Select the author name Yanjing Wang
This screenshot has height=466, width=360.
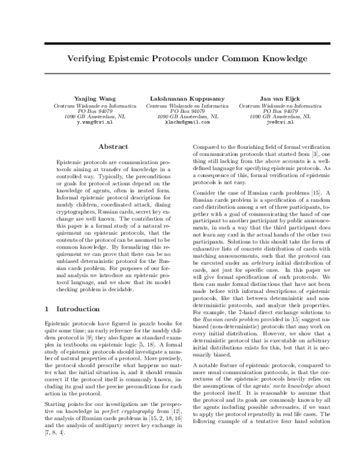point(90,97)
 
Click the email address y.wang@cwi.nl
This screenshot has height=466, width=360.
point(90,122)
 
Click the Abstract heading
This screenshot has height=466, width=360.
point(113,147)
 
